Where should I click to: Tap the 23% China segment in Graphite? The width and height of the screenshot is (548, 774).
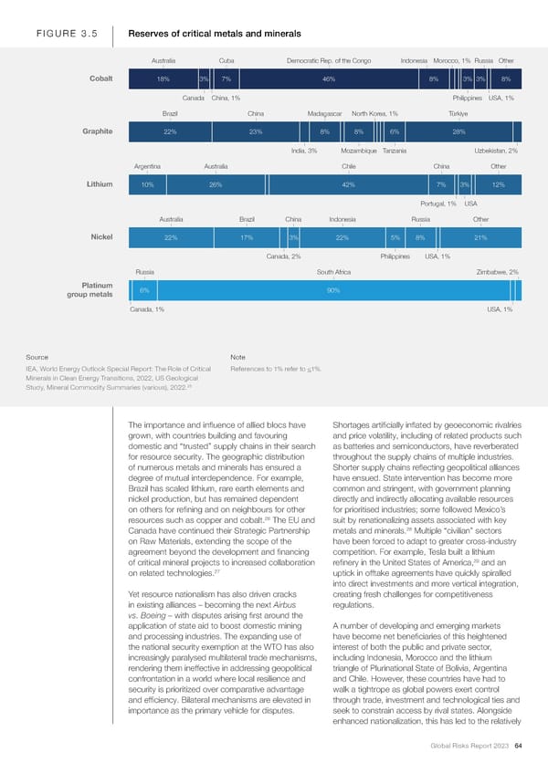(x=256, y=132)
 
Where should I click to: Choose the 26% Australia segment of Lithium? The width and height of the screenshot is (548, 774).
(x=216, y=185)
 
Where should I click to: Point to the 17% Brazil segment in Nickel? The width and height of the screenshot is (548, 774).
(x=247, y=238)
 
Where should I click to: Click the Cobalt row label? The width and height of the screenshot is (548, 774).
(x=100, y=78)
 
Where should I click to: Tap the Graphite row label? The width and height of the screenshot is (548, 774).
(x=97, y=131)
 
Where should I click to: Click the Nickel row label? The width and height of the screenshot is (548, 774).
(x=101, y=237)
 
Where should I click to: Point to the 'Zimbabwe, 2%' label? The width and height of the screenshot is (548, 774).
(x=498, y=272)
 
